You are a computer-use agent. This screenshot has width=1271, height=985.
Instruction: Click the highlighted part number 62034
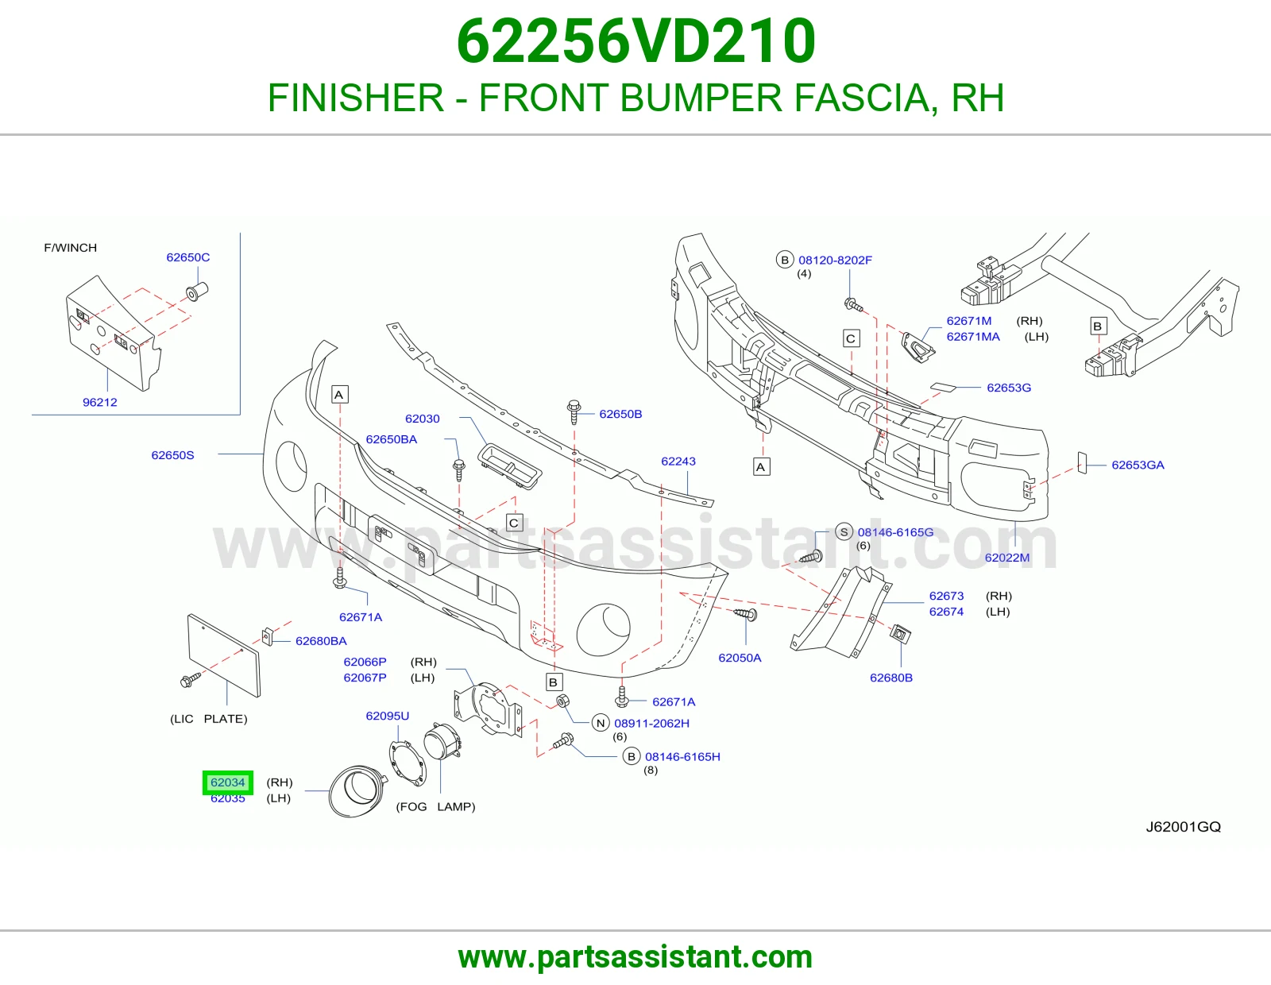tap(227, 782)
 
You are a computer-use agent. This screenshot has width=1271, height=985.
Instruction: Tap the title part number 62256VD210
tap(635, 41)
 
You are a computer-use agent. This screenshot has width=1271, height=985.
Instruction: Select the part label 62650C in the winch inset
tap(187, 257)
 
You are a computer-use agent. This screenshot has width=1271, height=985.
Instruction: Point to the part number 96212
tap(100, 403)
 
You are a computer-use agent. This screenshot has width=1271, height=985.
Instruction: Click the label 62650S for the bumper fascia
tap(172, 455)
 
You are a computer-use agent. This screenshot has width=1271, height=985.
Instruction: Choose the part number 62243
tap(678, 461)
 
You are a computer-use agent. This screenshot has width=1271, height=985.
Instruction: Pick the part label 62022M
tap(1007, 558)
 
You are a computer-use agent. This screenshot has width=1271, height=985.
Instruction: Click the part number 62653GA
tap(1138, 465)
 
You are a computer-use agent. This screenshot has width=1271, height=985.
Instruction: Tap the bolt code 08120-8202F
tap(835, 261)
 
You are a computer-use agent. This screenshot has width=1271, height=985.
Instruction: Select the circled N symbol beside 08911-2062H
tap(601, 723)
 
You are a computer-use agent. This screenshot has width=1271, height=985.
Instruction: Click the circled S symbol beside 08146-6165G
tap(844, 532)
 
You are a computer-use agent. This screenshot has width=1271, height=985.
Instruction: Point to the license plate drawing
tap(223, 655)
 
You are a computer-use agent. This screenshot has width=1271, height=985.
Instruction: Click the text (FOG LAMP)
tap(436, 806)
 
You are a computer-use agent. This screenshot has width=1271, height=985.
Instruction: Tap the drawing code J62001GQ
tap(1184, 826)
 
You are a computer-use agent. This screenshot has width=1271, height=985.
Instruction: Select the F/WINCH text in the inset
tap(70, 247)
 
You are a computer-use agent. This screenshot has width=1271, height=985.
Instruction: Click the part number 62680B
tap(890, 678)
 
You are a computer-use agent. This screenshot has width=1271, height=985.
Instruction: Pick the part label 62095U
tap(387, 716)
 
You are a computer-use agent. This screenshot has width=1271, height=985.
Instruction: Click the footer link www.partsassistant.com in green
tap(635, 957)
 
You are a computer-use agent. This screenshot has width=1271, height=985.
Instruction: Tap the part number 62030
tap(423, 419)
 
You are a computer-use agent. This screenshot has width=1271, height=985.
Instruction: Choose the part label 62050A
tap(740, 658)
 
